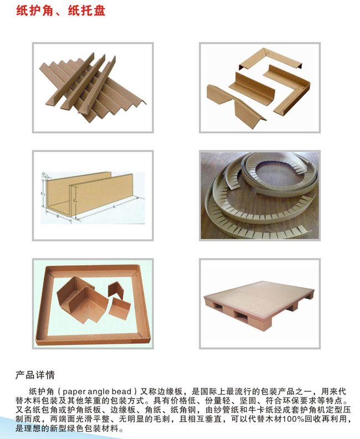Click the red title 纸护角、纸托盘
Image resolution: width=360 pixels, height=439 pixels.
60,11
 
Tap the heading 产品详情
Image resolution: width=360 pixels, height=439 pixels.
35,375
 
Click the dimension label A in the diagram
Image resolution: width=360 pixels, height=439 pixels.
114,207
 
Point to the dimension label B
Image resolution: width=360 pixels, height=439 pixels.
58,216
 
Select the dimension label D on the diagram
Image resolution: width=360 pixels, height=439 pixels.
44,174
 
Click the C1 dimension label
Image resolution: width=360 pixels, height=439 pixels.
75,201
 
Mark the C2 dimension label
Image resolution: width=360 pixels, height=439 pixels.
43,193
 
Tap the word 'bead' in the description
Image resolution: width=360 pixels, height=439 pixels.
121,391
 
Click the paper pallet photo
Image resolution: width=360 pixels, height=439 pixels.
259,303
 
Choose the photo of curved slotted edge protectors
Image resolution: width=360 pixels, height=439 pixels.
260,195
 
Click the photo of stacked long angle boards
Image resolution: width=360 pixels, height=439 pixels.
92,87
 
